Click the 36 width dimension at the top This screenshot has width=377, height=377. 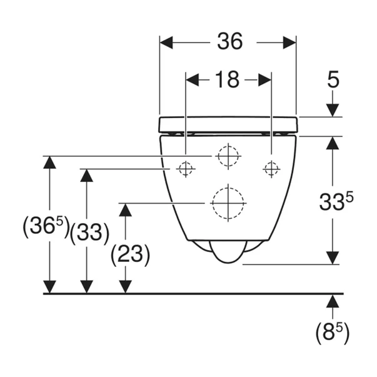pyautogui.click(x=229, y=43)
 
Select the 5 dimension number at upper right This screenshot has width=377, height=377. pyautogui.click(x=333, y=79)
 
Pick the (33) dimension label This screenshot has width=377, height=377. pyautogui.click(x=89, y=233)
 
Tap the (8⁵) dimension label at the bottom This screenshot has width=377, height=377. pyautogui.click(x=332, y=331)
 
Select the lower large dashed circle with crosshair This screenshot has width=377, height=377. pyautogui.click(x=228, y=202)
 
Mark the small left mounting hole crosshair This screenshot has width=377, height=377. pyautogui.click(x=185, y=168)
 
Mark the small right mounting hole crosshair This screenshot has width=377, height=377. pyautogui.click(x=271, y=168)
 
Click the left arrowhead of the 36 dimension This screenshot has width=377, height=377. pyautogui.click(x=166, y=43)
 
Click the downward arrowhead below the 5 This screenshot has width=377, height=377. pyautogui.click(x=333, y=110)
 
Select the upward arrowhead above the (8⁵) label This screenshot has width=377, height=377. pyautogui.click(x=333, y=301)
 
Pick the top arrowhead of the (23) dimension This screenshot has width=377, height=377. pyautogui.click(x=126, y=209)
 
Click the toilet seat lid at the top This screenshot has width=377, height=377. pyautogui.click(x=228, y=124)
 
